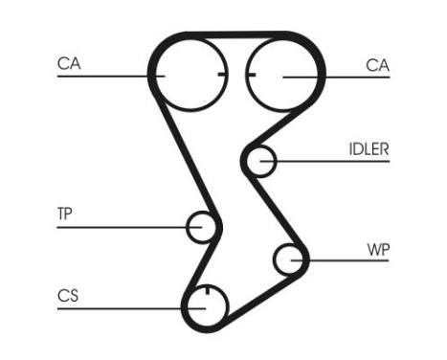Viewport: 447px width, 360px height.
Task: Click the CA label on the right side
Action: [x=377, y=64]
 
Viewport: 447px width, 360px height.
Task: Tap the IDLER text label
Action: [x=369, y=149]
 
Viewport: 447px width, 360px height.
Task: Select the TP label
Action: [x=65, y=214]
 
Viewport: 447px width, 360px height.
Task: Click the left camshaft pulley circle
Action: [x=186, y=75]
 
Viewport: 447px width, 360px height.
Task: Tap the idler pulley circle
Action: [x=260, y=163]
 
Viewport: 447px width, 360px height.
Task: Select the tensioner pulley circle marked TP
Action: [x=202, y=227]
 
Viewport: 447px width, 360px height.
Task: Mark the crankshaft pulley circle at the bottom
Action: [x=206, y=307]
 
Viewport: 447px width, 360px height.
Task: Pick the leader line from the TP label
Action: [x=124, y=227]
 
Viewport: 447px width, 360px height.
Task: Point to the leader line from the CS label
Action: [x=124, y=307]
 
